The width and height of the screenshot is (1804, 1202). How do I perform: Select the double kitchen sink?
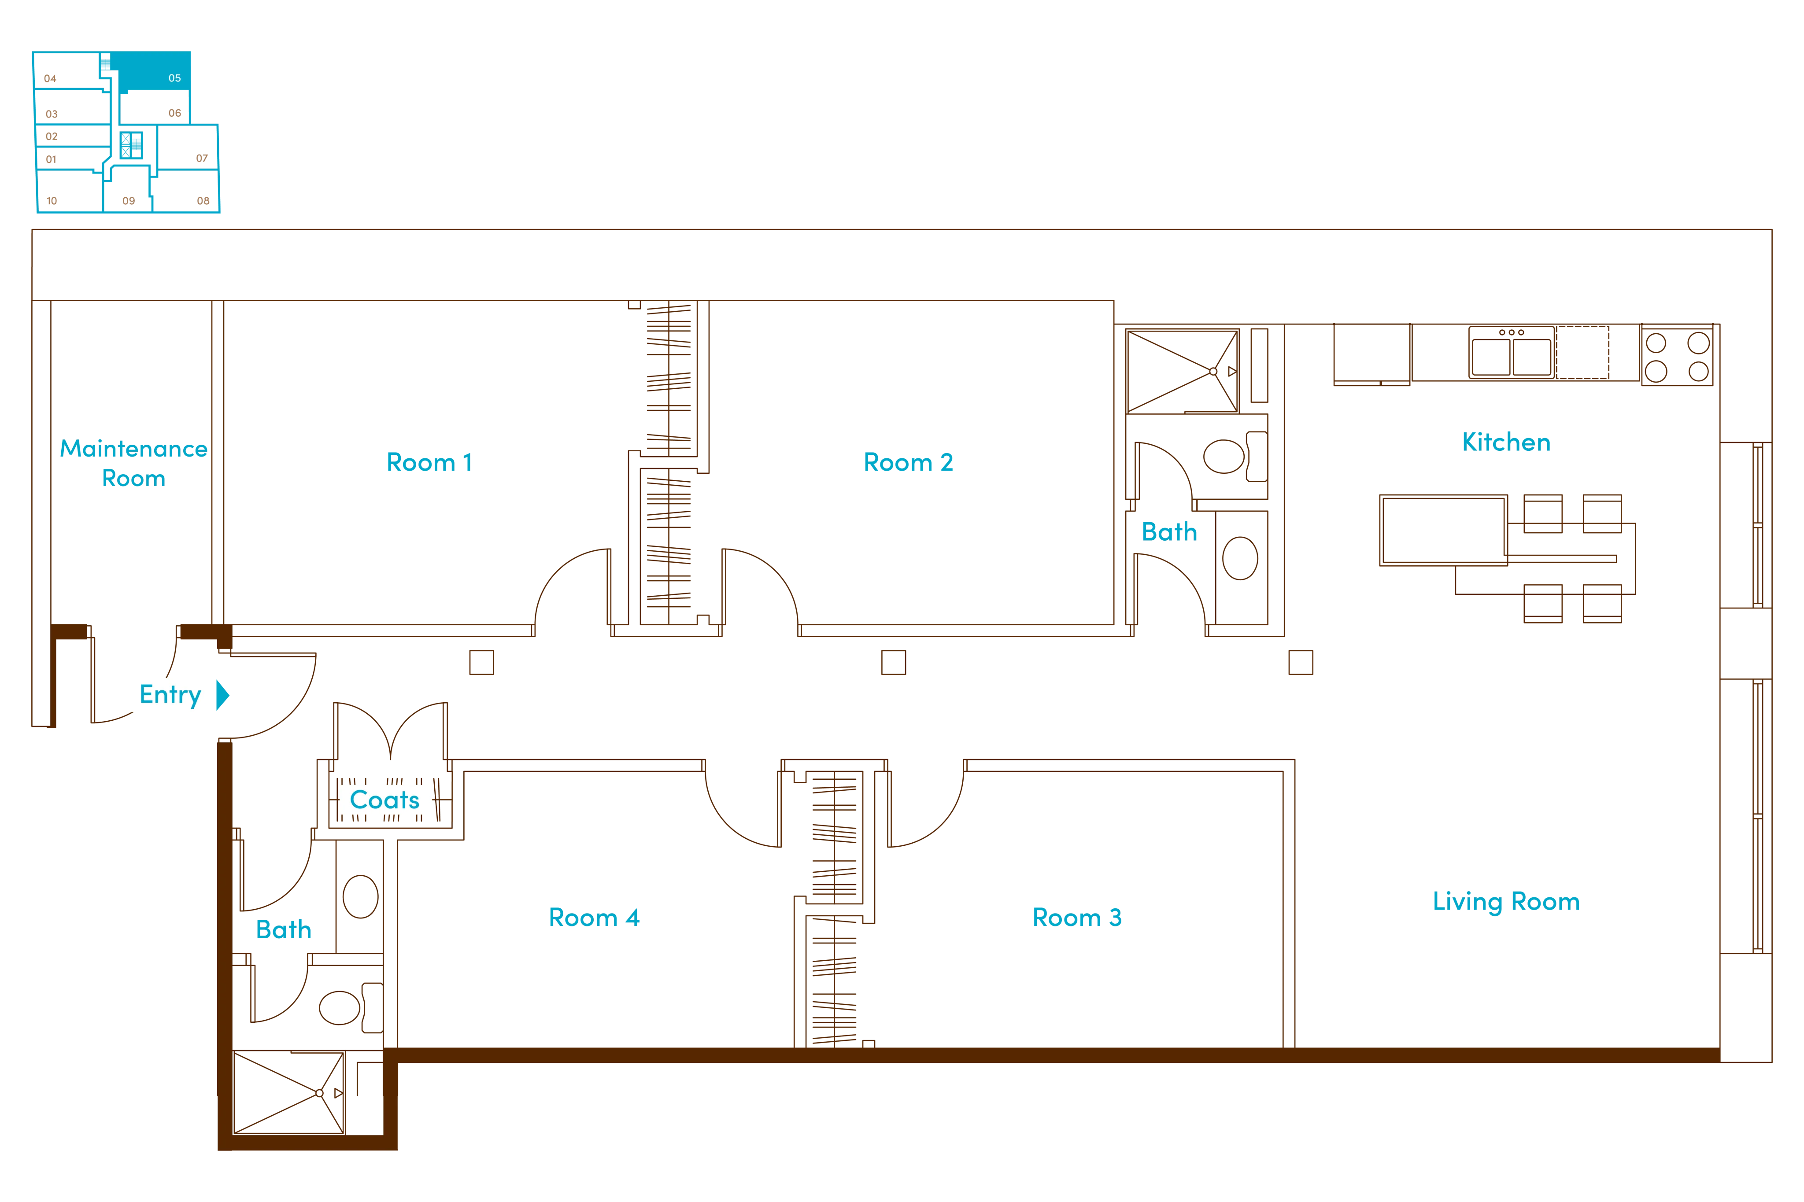[1511, 353]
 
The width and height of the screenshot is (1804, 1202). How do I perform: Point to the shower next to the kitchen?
[1182, 371]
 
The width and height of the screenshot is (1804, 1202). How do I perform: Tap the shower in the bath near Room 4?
[289, 1092]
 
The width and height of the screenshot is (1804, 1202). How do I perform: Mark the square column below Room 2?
[893, 662]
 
